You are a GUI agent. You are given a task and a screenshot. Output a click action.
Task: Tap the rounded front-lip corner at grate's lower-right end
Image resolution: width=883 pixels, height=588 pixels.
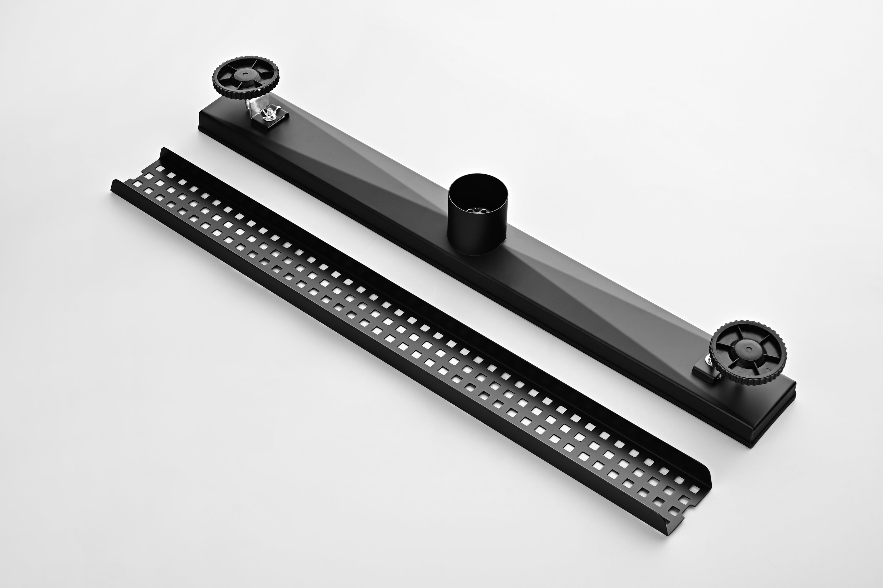[x=672, y=531]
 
